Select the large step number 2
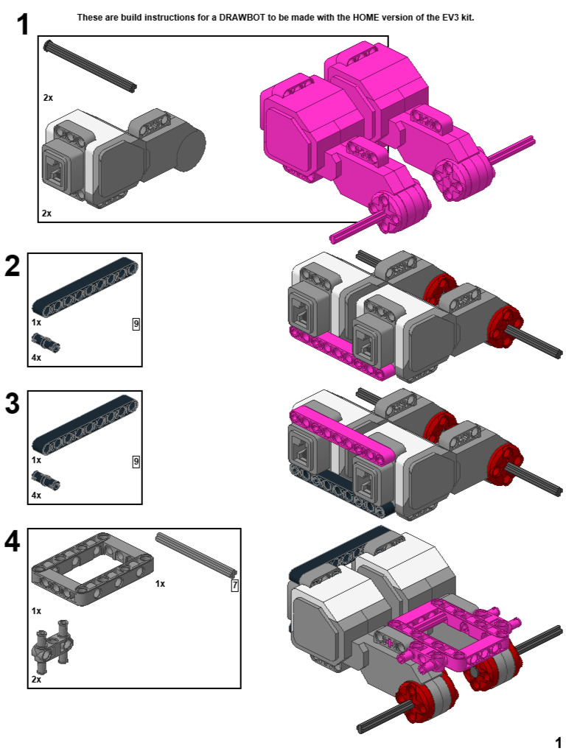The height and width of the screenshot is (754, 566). (13, 267)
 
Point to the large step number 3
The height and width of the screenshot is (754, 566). (13, 404)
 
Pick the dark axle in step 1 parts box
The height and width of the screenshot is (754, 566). (90, 66)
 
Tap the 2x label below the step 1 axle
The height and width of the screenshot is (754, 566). (48, 97)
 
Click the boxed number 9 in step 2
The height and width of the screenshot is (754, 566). (136, 323)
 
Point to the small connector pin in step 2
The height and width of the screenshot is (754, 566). (45, 342)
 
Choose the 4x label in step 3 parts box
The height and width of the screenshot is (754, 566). (36, 496)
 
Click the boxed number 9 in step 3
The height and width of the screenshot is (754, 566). (136, 462)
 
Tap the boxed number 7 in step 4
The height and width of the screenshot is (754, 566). (234, 586)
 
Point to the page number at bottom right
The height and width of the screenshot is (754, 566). (558, 741)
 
